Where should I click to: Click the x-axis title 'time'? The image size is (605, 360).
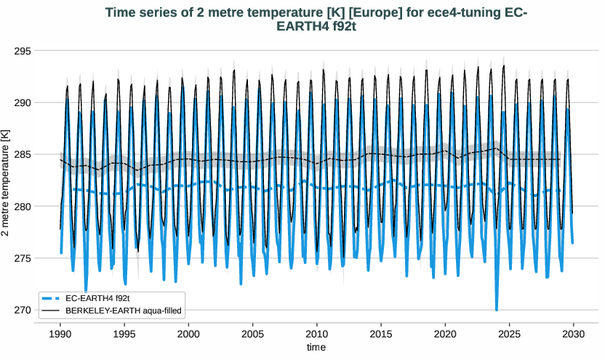tap(316, 348)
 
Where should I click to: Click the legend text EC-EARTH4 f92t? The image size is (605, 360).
tap(97, 299)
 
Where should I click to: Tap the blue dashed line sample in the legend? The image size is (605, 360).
tap(51, 299)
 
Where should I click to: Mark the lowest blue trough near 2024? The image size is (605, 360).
tap(497, 309)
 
